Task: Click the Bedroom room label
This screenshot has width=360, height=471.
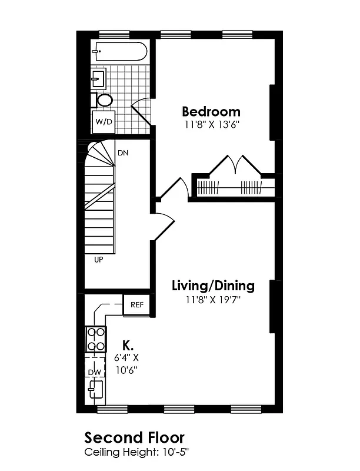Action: [x=211, y=111]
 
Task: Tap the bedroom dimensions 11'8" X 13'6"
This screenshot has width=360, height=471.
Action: [x=211, y=125]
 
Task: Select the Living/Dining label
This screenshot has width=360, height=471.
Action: [x=213, y=286]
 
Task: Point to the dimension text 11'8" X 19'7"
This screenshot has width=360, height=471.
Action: [x=213, y=300]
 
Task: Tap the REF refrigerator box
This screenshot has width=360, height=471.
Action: [x=137, y=304]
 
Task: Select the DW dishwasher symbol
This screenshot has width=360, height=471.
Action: [x=94, y=372]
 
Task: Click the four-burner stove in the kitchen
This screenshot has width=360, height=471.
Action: [x=95, y=339]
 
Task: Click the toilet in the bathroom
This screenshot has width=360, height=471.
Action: [x=104, y=100]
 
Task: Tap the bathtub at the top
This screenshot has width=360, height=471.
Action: [x=119, y=52]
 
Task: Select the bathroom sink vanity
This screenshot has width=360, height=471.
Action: [x=98, y=78]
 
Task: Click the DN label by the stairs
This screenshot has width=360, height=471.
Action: [x=123, y=153]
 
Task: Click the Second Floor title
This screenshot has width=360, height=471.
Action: [x=135, y=437]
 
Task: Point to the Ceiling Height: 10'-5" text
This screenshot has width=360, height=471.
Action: [x=136, y=452]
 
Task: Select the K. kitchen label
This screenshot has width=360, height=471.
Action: [x=127, y=344]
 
